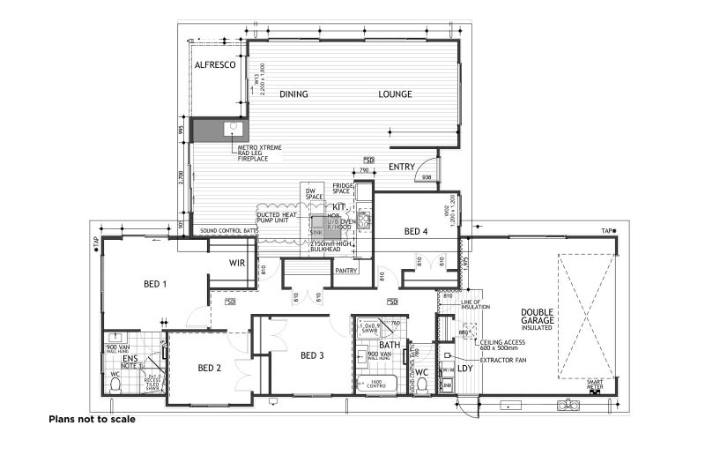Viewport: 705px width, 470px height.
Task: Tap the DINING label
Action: [x=294, y=93]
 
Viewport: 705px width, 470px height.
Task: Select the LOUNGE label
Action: [x=396, y=93]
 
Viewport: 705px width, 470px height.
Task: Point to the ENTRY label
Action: [x=402, y=167]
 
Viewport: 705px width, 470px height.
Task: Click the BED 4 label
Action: [x=417, y=232]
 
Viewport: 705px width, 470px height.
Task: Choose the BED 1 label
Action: [x=156, y=284]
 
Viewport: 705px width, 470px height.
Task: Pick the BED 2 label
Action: [x=209, y=367]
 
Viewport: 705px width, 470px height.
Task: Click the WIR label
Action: [x=237, y=263]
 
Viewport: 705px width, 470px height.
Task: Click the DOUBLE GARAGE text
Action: [x=537, y=317]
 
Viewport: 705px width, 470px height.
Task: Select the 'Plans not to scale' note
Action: [x=92, y=420]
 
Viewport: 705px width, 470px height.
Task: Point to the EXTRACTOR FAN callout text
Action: [x=506, y=360]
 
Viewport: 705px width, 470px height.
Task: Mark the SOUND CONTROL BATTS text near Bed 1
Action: [x=229, y=230]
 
